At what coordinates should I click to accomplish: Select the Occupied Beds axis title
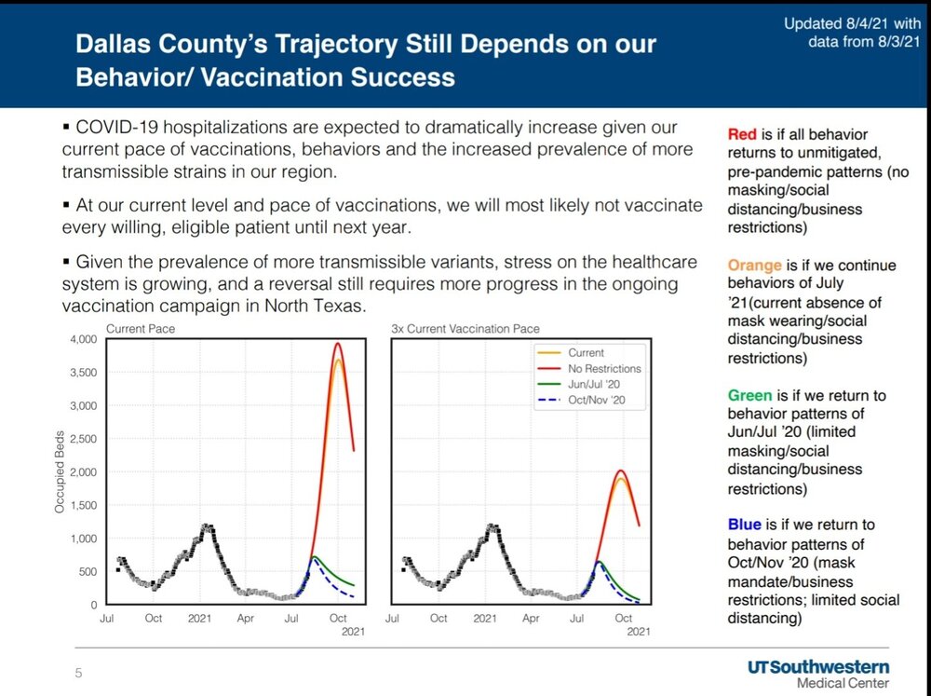59,471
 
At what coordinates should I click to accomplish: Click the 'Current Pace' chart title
141,329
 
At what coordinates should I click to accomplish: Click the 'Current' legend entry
586,352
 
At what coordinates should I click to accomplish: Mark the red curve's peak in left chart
338,344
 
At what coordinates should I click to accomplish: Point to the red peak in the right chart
621,471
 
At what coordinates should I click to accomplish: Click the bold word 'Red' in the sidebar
743,135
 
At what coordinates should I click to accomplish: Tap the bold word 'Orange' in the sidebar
755,266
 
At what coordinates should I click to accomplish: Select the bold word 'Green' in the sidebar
750,395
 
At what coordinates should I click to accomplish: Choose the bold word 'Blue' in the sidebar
745,525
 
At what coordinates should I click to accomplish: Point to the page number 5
78,673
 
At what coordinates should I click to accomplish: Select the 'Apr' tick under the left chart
245,618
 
